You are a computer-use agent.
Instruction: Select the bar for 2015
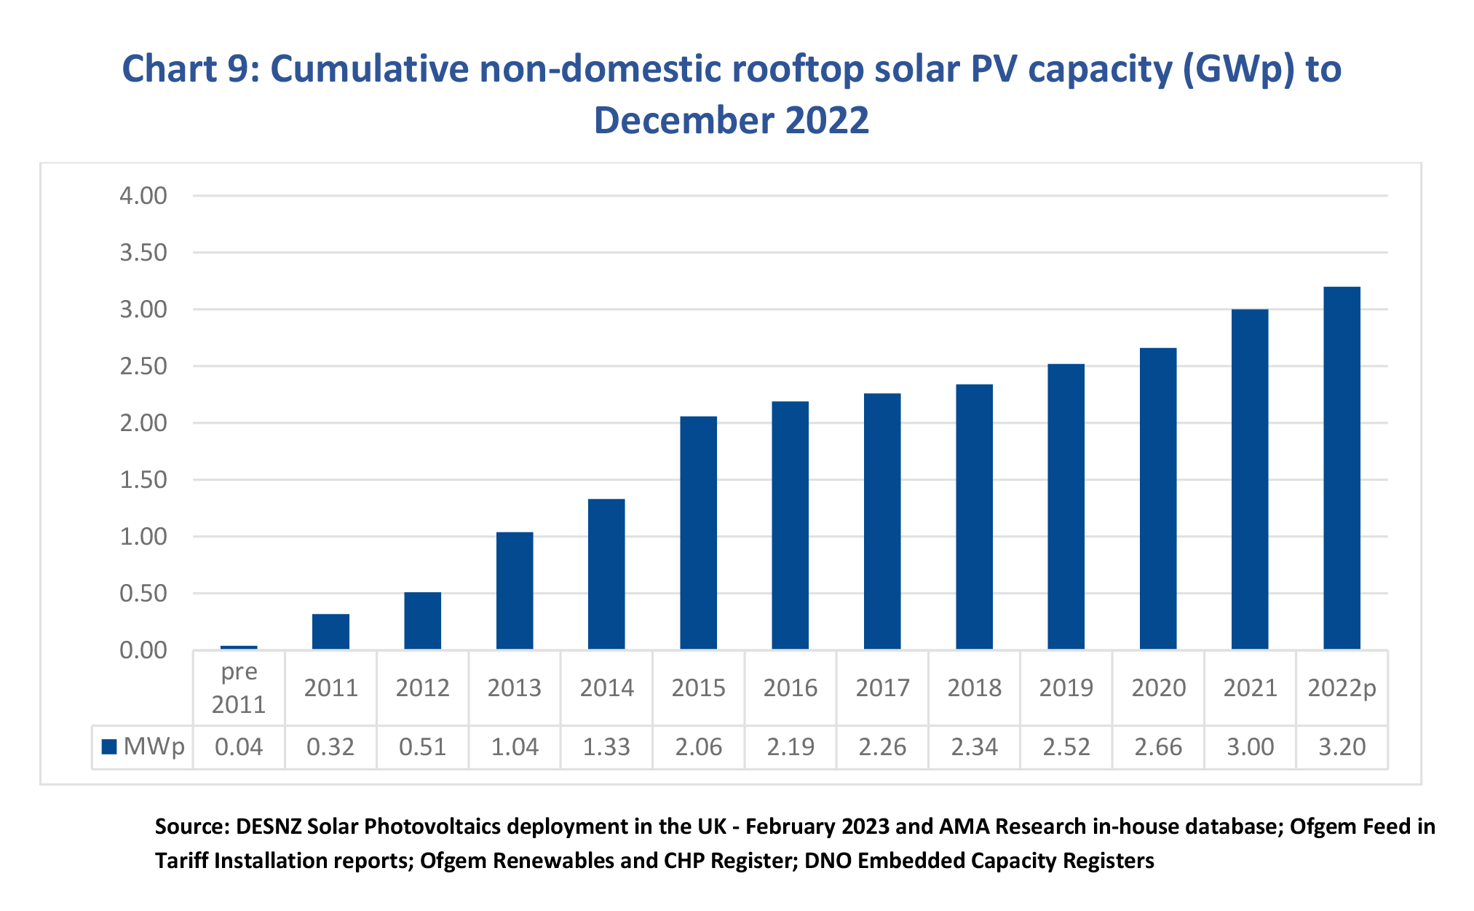pos(698,532)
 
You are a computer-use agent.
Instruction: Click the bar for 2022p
pos(1342,468)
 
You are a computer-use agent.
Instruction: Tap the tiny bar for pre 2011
pos(239,647)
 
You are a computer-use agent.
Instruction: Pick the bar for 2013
pos(515,591)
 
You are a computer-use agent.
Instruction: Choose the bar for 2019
pos(1066,506)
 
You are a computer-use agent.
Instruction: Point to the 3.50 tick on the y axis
pos(143,253)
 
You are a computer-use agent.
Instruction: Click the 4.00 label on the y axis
pos(143,196)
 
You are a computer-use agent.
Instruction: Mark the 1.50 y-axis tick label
pos(143,480)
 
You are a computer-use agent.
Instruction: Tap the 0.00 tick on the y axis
pos(143,650)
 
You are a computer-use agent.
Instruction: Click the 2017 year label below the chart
pos(882,688)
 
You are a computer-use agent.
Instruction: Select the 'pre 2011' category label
pos(239,688)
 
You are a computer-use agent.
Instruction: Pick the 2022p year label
pos(1342,688)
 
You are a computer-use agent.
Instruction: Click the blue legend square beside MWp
pos(109,746)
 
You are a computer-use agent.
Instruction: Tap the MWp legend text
pos(154,746)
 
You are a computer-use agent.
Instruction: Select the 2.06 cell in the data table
pos(698,747)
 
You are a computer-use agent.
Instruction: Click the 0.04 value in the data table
pos(239,747)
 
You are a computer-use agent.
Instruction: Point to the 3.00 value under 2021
pos(1250,747)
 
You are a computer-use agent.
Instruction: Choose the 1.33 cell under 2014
pos(606,747)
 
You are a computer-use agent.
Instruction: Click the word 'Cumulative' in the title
pos(370,70)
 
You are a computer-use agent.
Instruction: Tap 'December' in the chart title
pos(681,121)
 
